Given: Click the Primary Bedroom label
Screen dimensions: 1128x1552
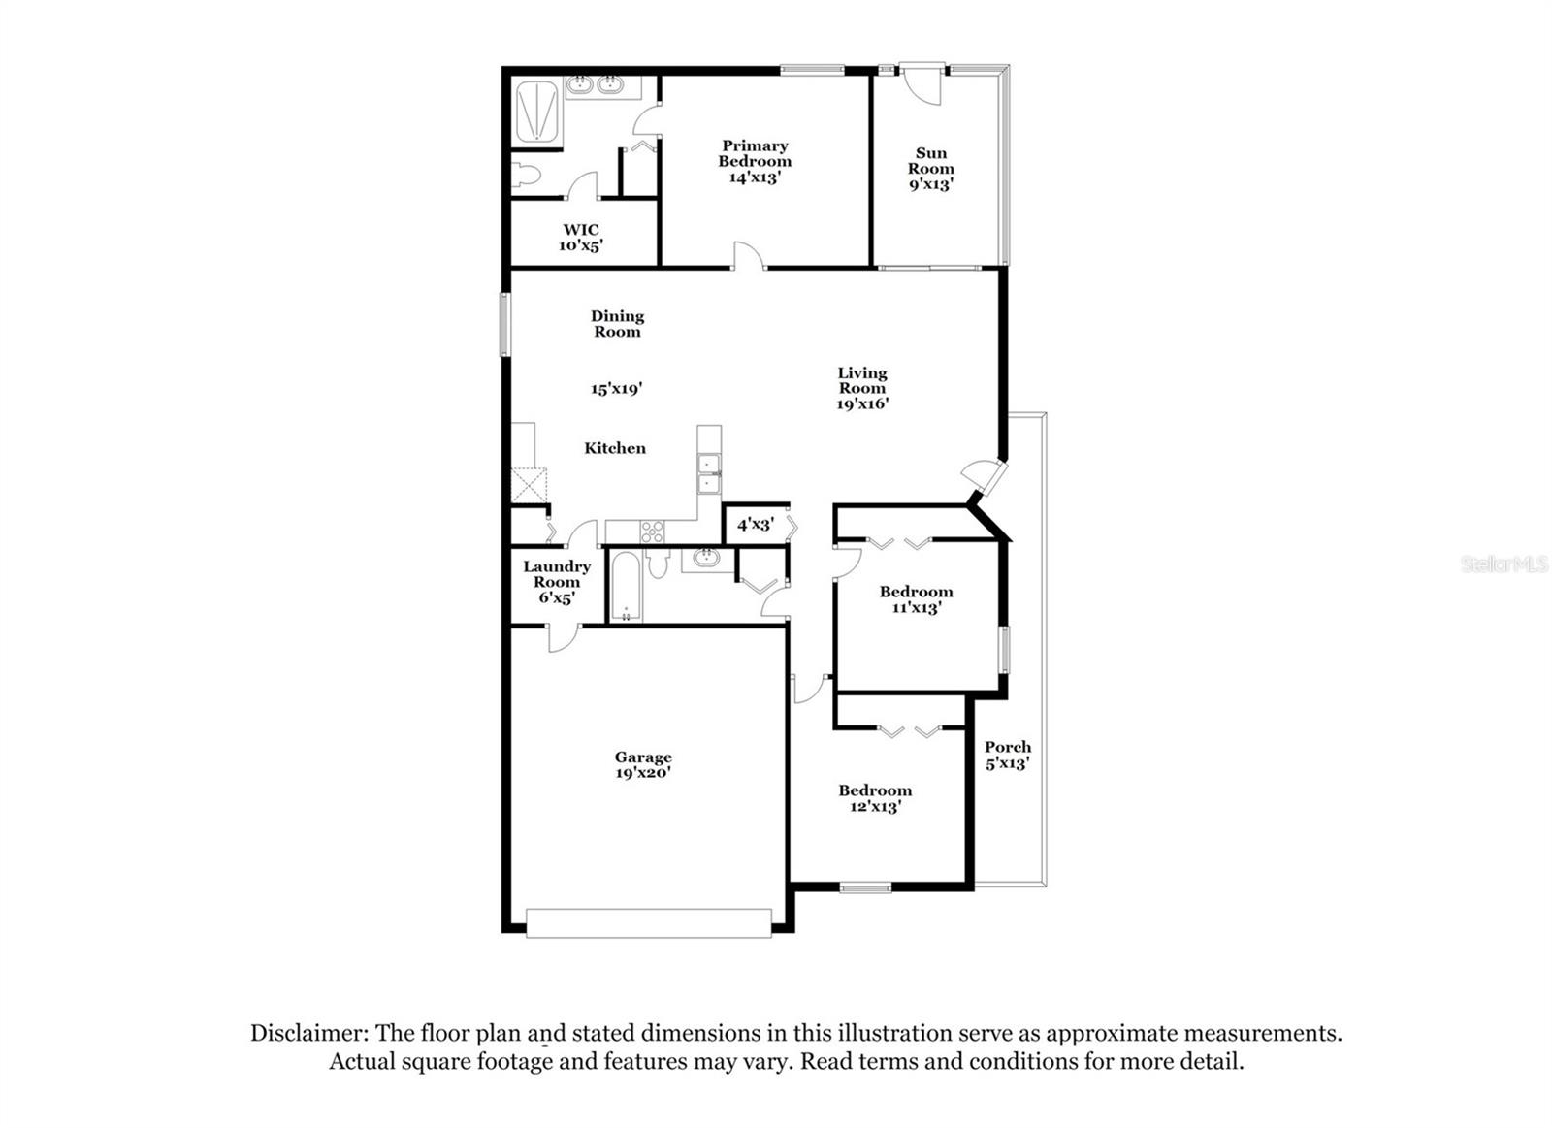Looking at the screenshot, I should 755,161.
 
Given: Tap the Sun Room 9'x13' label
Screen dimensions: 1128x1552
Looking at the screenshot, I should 930,168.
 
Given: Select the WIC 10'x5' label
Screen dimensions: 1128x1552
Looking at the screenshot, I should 581,238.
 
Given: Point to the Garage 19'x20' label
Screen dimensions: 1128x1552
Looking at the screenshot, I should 643,765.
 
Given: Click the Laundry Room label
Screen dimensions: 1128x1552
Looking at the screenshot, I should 557,581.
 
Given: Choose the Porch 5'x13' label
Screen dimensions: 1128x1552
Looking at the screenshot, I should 1008,755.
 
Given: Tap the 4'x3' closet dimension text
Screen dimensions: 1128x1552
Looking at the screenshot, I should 755,525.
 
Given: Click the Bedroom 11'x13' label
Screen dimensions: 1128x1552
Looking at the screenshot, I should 916,599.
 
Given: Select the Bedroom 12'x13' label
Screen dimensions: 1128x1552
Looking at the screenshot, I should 875,798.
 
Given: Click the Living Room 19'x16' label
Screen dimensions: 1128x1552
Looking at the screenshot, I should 862,388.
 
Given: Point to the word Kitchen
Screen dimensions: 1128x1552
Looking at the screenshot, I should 615,448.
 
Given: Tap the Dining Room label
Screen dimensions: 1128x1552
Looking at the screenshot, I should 618,323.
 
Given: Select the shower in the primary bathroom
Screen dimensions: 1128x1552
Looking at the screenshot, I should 536,113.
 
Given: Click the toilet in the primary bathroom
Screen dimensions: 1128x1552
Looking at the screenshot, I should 525,176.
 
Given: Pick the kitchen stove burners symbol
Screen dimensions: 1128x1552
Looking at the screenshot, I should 652,532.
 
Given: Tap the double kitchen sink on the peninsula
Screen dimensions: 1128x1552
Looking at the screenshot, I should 709,472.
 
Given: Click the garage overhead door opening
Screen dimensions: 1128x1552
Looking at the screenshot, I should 648,922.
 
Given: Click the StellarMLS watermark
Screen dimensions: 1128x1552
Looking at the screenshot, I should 1504,564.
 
